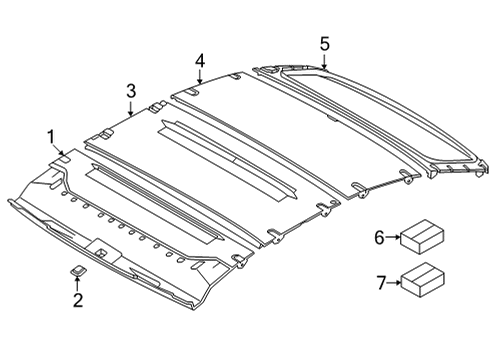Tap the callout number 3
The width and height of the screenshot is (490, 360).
(131, 91)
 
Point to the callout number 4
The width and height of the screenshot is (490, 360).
(200, 61)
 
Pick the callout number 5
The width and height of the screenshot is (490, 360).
(324, 42)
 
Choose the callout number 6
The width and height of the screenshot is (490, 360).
(379, 236)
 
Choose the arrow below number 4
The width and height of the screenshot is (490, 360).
(200, 80)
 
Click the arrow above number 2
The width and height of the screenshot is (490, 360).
(77, 282)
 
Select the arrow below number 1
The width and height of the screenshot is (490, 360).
(54, 150)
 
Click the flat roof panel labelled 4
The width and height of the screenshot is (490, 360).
(270, 130)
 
